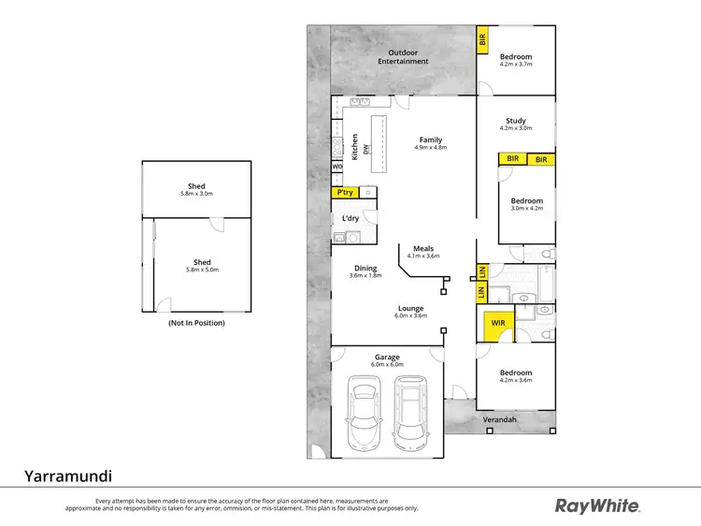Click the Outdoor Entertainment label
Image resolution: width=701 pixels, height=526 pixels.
tap(403, 56)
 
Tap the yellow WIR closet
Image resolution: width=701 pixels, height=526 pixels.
tap(497, 325)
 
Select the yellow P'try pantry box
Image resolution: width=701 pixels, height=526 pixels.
tap(344, 192)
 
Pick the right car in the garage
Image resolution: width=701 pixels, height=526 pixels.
tap(411, 412)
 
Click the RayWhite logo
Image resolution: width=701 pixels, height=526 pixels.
tap(597, 506)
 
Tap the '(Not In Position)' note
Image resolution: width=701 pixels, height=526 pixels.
tap(196, 323)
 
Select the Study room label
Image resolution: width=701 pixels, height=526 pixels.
tap(516, 121)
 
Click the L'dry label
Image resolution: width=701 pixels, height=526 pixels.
tap(350, 218)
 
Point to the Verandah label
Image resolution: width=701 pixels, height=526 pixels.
tap(500, 420)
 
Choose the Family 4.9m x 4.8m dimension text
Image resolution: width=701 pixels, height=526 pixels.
tap(431, 148)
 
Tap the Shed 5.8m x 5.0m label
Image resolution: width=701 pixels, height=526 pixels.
tap(196, 267)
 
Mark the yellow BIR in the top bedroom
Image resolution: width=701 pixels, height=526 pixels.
tap(482, 40)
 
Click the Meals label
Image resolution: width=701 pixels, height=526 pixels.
tap(422, 249)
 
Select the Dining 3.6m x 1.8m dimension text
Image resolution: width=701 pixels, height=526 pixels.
tap(365, 275)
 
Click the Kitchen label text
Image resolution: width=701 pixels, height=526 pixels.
tap(355, 148)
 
